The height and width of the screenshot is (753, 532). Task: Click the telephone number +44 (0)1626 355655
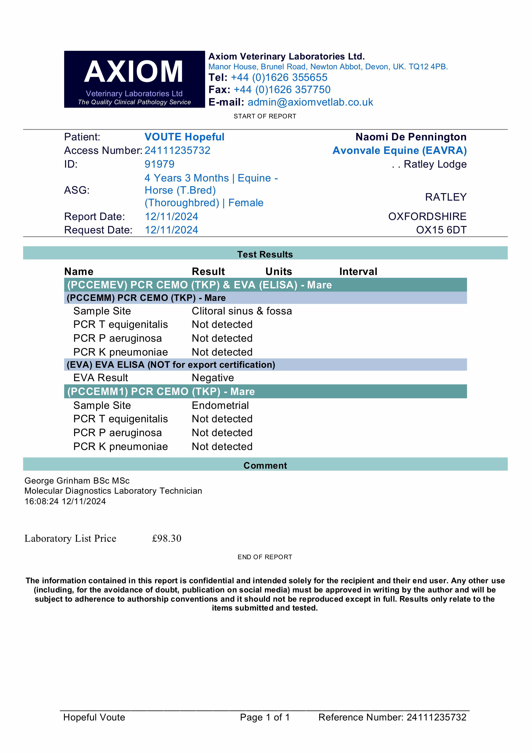tap(279, 77)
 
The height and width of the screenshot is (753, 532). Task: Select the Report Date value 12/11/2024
tap(171, 216)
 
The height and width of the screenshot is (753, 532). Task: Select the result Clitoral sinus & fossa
tap(242, 311)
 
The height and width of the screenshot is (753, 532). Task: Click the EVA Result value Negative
tap(213, 378)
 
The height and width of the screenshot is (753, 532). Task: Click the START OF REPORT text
tap(265, 116)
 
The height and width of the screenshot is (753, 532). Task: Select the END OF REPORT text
tap(265, 557)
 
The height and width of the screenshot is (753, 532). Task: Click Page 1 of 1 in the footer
tap(265, 717)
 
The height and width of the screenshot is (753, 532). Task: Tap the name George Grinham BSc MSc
tap(77, 481)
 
